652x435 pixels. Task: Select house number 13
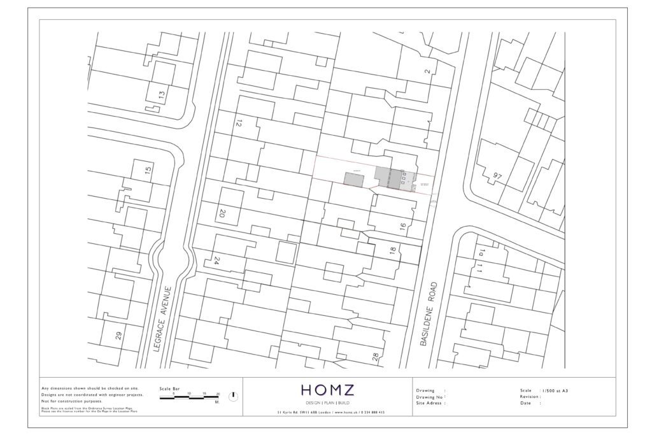pos(161,97)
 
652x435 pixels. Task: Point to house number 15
pos(148,171)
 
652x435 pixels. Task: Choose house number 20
pos(222,214)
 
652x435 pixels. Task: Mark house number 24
pos(216,260)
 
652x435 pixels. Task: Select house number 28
pos(376,357)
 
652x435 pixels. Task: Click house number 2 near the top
pos(428,71)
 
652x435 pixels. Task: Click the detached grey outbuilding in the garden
pos(353,179)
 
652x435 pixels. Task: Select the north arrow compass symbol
pos(233,396)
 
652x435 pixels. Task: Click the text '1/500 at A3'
pos(553,390)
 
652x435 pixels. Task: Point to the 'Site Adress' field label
pos(430,403)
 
